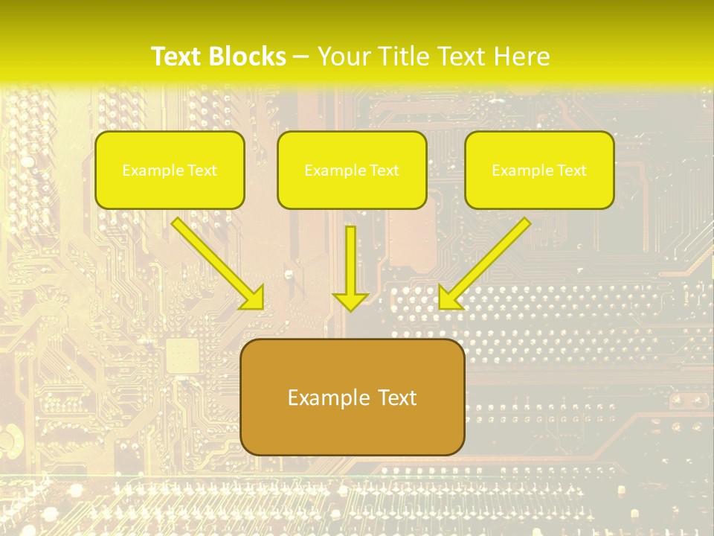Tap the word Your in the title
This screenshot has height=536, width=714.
coord(344,57)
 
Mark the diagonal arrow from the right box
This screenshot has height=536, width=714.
coord(491,257)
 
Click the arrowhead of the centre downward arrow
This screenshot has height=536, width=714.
coord(350,301)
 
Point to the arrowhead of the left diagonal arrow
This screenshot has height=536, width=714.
coord(254,297)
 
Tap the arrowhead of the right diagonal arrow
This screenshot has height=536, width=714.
coord(448,298)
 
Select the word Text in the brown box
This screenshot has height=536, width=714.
coord(396,398)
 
